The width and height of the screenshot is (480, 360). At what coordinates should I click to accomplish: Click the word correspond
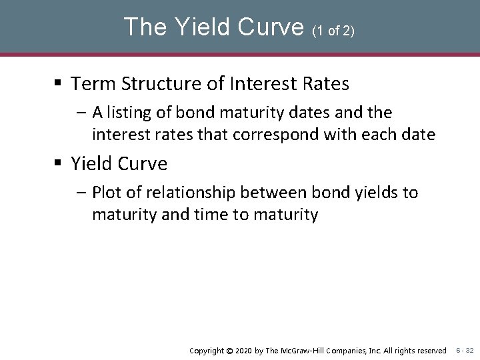pos(315,135)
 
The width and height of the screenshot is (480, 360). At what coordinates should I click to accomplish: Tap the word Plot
pos(107,193)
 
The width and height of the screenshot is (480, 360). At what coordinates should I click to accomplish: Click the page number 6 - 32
pos(465,350)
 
